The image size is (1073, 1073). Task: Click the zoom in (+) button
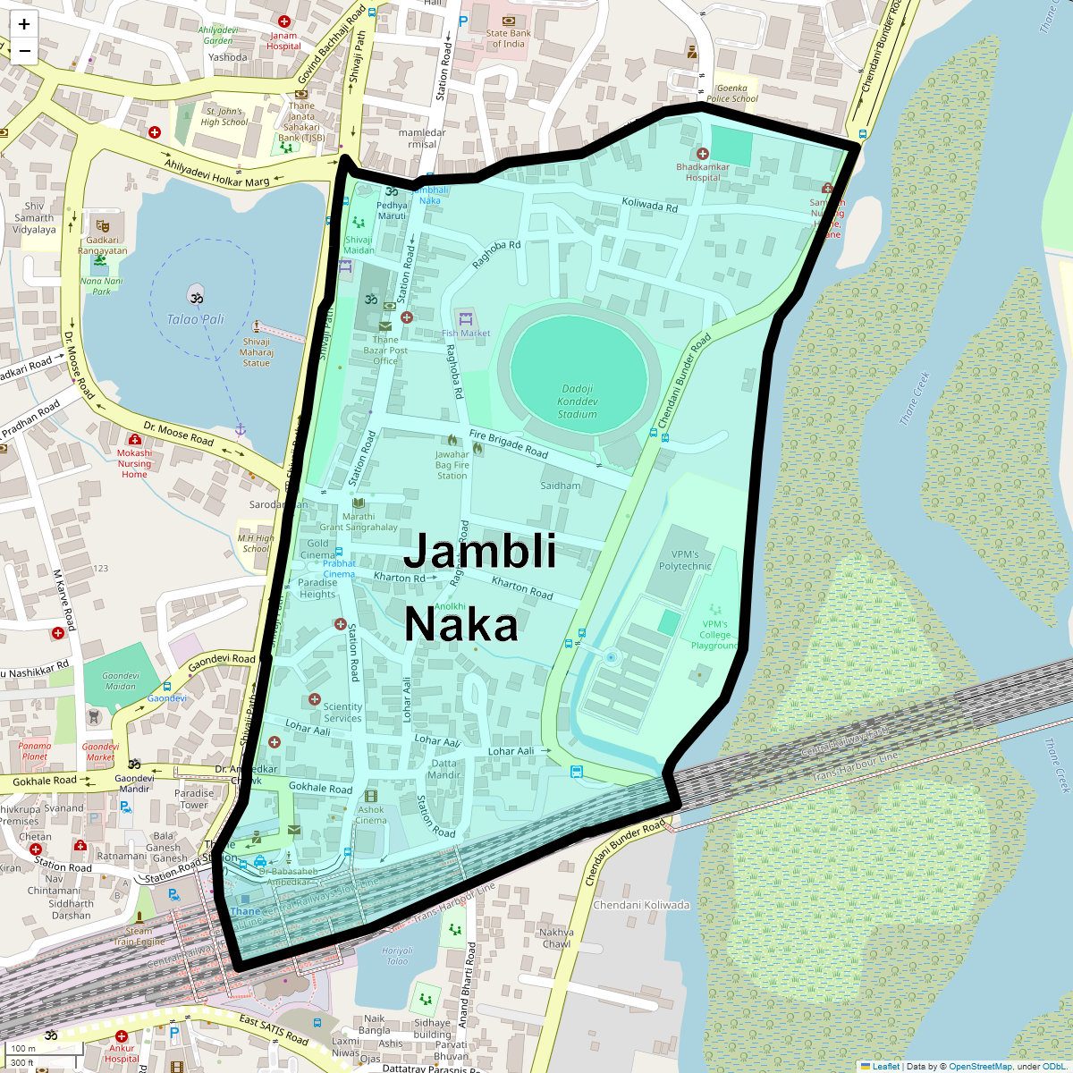24,24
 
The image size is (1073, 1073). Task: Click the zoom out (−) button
24,51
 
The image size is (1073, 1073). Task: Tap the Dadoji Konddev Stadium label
578,401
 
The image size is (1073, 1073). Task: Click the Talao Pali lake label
195,319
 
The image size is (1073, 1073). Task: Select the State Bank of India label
508,38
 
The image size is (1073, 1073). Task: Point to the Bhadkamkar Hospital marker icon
703,154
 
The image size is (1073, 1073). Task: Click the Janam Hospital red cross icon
283,21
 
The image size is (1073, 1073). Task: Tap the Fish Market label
466,334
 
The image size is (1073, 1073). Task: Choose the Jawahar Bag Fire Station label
452,465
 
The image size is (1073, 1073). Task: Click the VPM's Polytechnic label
685,560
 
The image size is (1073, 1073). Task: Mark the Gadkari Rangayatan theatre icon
102,224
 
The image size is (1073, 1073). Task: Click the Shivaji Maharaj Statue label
257,352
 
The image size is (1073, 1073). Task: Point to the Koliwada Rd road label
650,206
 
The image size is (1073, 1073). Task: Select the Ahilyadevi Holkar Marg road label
216,169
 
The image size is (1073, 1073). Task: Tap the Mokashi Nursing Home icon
135,440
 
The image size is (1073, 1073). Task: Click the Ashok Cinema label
371,815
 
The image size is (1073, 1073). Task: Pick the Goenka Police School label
732,93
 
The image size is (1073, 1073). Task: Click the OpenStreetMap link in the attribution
981,1066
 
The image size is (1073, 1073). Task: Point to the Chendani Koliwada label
641,905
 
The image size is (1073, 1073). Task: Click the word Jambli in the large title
479,551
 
